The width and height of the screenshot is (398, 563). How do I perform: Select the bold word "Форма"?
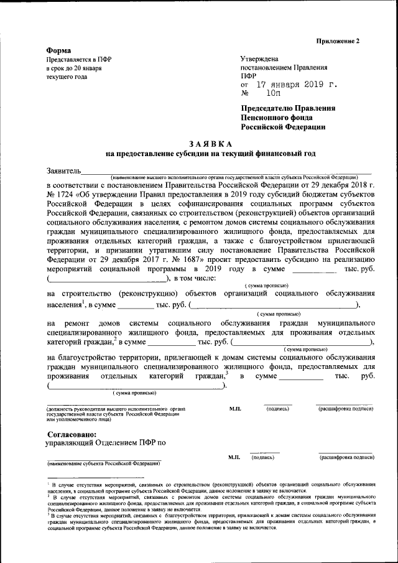click(59, 50)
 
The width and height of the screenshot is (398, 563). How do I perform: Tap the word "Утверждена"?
click(261, 59)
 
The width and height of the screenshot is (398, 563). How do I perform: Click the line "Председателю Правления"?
click(287, 108)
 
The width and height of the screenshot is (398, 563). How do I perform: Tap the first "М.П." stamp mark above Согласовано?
click(234, 409)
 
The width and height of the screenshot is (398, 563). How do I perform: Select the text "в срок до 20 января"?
click(74, 68)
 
